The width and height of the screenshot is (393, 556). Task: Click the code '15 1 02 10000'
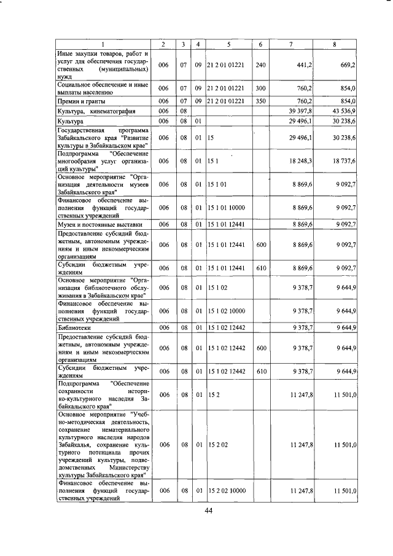[228, 311]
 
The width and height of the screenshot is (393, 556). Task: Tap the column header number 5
[228, 44]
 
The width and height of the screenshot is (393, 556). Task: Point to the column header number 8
[334, 44]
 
